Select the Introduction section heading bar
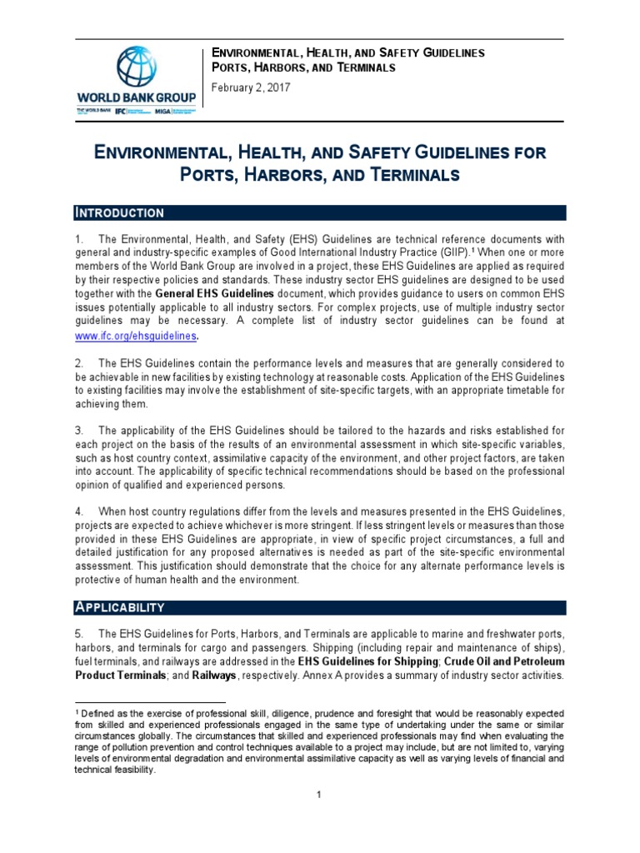319,212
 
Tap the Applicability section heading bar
319,607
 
